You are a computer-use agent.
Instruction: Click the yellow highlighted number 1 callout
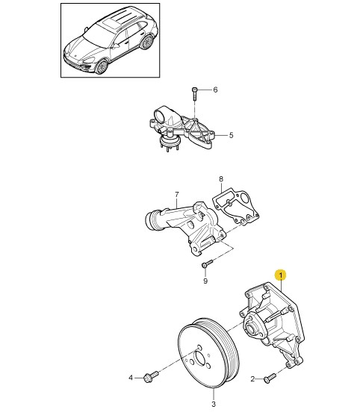coord(281,275)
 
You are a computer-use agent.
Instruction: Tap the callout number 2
coord(252,379)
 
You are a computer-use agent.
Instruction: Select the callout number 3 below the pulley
coord(214,404)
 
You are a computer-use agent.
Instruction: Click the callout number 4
coord(131,378)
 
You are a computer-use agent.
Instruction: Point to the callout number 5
coord(231,135)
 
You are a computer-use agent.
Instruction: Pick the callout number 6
coord(215,90)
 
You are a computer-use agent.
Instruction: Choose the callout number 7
coord(177,195)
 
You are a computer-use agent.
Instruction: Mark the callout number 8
coord(221,179)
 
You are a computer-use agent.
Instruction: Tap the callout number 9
coord(205,281)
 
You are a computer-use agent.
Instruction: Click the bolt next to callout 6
coord(194,93)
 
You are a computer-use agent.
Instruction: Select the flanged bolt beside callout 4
coord(151,376)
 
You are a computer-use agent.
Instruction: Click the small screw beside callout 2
coord(270,378)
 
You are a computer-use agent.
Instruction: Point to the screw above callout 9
coord(207,263)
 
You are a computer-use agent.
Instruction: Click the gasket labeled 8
coord(235,206)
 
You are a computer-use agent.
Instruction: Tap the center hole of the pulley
coord(199,358)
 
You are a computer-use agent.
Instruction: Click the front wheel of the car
coord(102,66)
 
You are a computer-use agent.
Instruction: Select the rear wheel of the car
coord(146,43)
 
